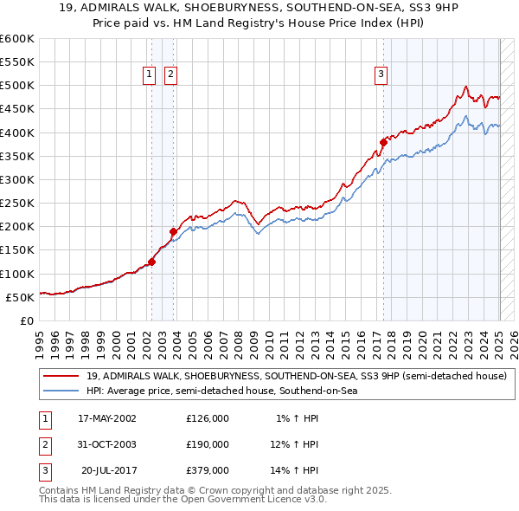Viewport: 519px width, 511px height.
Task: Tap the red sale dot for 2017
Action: pos(383,142)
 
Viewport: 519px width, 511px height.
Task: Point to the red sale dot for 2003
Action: pos(173,231)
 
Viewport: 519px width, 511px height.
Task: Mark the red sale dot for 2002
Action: pos(151,262)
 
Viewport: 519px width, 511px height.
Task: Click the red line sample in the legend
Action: pos(61,376)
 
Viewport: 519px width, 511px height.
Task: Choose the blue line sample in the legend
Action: pos(61,391)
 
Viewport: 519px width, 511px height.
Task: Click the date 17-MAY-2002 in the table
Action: pos(107,418)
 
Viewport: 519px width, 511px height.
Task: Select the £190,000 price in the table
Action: pos(208,444)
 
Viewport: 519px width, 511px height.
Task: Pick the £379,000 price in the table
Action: pos(208,470)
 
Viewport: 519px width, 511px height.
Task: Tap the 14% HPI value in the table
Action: pos(295,470)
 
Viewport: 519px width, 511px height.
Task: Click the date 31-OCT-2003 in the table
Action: pos(107,444)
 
